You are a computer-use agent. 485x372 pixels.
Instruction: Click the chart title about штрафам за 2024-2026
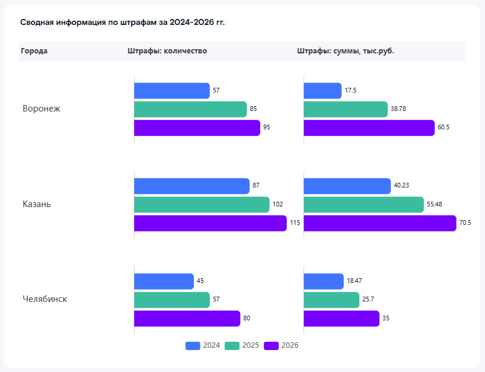coord(123,23)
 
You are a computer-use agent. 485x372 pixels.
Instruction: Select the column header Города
coord(34,51)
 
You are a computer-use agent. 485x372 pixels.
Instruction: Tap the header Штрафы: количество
coord(167,51)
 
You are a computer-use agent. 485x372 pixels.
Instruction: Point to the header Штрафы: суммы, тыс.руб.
coord(346,51)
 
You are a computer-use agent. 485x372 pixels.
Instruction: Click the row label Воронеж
coord(42,109)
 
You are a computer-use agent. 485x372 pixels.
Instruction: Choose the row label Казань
coord(37,204)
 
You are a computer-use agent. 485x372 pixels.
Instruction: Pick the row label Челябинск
coord(44,299)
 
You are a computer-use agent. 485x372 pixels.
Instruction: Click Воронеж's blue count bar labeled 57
coord(172,91)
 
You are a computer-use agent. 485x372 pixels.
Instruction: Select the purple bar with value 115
coord(210,223)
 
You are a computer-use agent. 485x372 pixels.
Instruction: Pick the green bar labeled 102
coord(202,205)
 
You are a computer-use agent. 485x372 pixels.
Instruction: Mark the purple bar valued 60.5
coord(369,128)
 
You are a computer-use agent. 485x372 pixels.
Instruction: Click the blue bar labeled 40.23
coord(347,186)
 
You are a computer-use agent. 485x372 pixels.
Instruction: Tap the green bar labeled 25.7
coord(331,300)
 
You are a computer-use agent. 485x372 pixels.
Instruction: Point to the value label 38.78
coord(398,109)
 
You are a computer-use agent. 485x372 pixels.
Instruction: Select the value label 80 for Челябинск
coord(247,319)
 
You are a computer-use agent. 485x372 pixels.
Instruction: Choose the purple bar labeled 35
coord(341,319)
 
